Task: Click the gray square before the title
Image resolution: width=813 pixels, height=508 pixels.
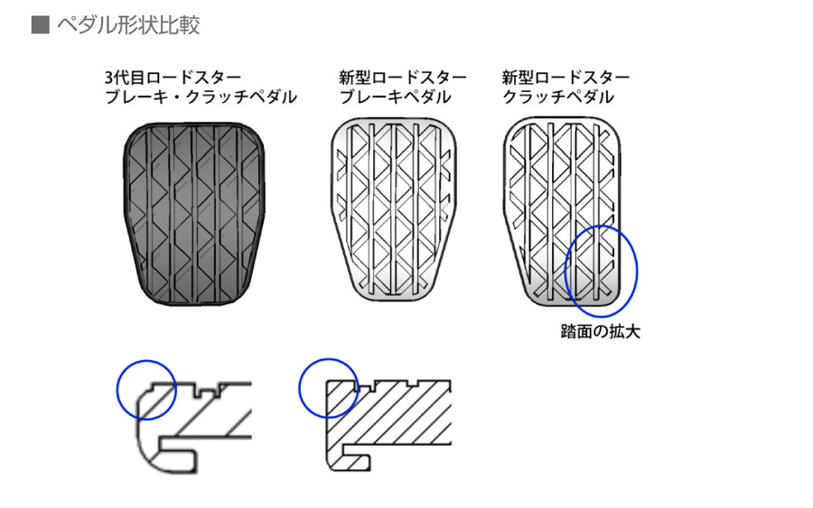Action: (40, 24)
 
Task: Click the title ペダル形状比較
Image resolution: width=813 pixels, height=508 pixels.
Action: (128, 25)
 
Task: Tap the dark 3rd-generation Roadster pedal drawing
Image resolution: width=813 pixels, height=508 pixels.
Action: (194, 214)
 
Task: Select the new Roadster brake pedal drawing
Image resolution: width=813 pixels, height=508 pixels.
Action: (394, 209)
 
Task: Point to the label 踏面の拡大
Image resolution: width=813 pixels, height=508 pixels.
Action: (601, 331)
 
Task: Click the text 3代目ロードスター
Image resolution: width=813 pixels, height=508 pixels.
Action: (173, 78)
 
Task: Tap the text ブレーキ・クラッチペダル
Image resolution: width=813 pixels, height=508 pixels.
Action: (201, 97)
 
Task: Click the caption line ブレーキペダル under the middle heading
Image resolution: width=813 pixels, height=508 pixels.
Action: (395, 97)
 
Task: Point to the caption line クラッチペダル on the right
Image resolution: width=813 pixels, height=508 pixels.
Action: (558, 97)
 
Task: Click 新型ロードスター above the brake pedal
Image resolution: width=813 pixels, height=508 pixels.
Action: (403, 78)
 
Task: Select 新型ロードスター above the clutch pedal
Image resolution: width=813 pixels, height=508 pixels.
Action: (565, 78)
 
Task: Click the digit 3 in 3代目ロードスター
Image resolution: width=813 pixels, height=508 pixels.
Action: (109, 79)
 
